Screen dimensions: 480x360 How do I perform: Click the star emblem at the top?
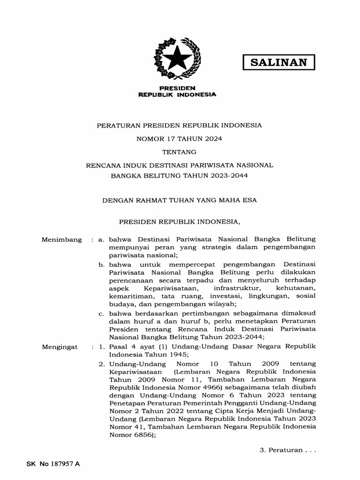click(x=177, y=60)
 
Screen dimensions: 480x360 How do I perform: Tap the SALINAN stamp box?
click(x=278, y=62)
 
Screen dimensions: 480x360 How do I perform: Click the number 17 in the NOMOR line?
click(x=170, y=139)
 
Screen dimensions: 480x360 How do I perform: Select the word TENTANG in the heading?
click(x=179, y=152)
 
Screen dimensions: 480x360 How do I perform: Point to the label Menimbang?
click(x=61, y=240)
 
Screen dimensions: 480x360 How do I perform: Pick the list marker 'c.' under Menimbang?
click(x=102, y=313)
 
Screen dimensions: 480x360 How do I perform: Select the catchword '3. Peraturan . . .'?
click(x=288, y=450)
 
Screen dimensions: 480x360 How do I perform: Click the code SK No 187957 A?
click(x=53, y=464)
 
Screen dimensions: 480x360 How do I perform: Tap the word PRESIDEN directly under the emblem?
click(x=177, y=88)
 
